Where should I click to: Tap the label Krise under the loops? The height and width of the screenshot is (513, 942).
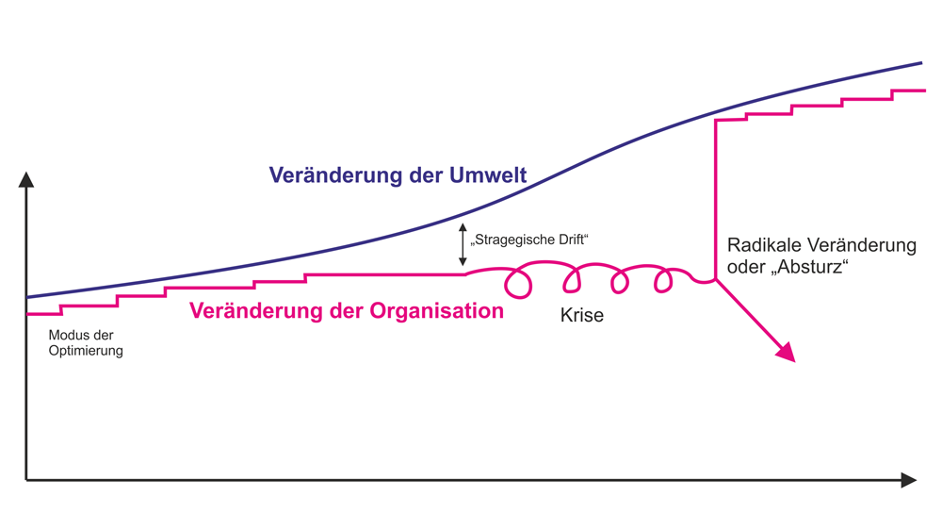pyautogui.click(x=582, y=316)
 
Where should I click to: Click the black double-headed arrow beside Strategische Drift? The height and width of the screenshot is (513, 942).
pyautogui.click(x=463, y=244)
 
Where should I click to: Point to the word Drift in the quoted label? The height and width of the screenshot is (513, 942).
pyautogui.click(x=569, y=241)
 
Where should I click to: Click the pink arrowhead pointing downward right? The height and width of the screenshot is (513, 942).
pyautogui.click(x=786, y=352)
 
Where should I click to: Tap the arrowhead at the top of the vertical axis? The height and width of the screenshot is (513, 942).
pyautogui.click(x=26, y=178)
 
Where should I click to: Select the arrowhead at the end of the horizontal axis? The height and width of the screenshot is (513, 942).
pyautogui.click(x=908, y=480)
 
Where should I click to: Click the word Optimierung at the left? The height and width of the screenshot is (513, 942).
pyautogui.click(x=86, y=351)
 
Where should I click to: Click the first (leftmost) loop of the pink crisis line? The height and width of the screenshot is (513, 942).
pyautogui.click(x=517, y=280)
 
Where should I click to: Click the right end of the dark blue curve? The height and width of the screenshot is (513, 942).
pyautogui.click(x=919, y=63)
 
